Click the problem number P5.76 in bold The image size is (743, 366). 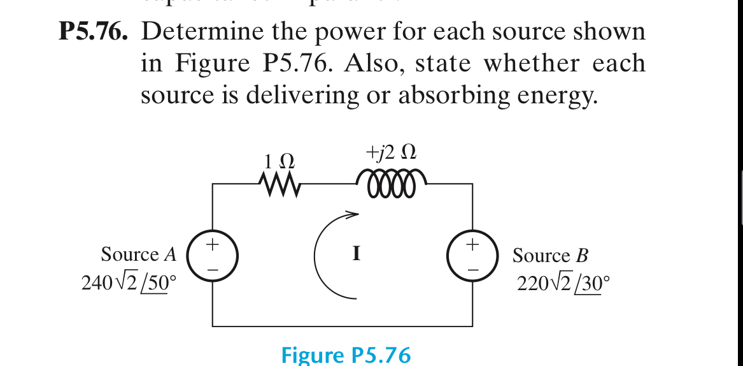click(93, 32)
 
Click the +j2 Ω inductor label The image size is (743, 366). click(391, 152)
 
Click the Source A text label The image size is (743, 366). click(138, 255)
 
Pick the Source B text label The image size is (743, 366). click(550, 256)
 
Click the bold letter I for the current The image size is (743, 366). click(357, 254)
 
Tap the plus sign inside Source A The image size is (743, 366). click(213, 244)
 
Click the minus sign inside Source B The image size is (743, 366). click(472, 269)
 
